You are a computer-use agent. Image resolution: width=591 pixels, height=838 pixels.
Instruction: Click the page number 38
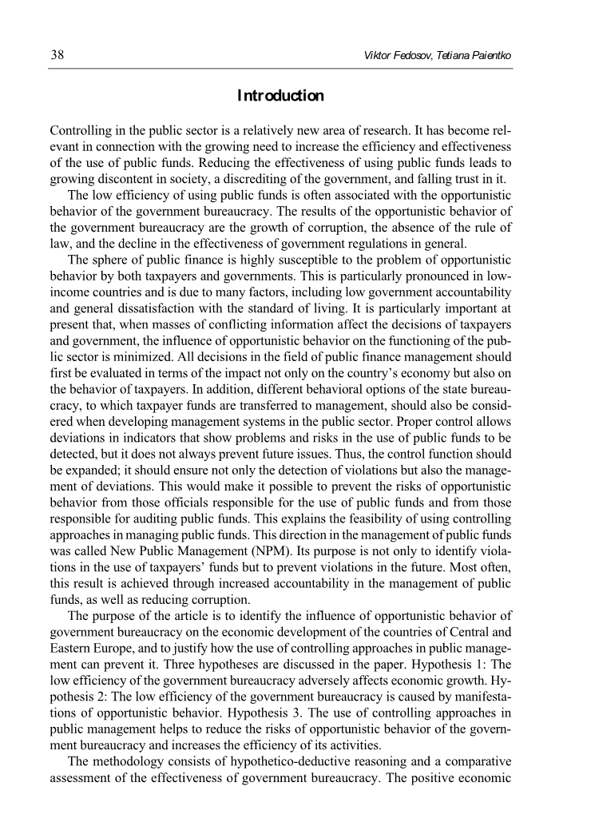[57, 55]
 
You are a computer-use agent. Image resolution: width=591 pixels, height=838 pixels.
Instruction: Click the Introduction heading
[281, 97]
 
